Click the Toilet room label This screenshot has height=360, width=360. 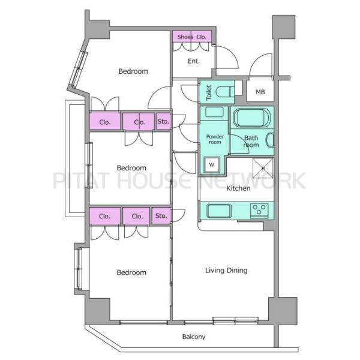(x=209, y=92)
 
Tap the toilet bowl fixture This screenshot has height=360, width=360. (x=225, y=92)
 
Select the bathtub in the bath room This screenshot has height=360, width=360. (x=251, y=118)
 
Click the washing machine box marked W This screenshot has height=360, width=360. (x=212, y=164)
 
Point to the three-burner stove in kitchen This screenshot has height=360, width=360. (x=259, y=211)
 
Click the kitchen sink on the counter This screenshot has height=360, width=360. (x=219, y=211)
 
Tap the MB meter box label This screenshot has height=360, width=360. (x=260, y=92)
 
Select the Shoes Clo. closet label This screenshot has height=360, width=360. (x=192, y=37)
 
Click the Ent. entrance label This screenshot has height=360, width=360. (x=194, y=61)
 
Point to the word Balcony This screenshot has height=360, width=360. (x=194, y=337)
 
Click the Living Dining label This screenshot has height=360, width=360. (x=226, y=270)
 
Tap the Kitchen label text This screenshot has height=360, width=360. (x=238, y=188)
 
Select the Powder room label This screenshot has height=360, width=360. (x=215, y=139)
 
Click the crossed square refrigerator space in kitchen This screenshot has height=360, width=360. (x=263, y=168)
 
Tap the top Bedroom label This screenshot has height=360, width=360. (x=133, y=71)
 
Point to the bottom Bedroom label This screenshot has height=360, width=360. (x=131, y=272)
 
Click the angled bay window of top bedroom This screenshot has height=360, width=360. (x=79, y=69)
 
